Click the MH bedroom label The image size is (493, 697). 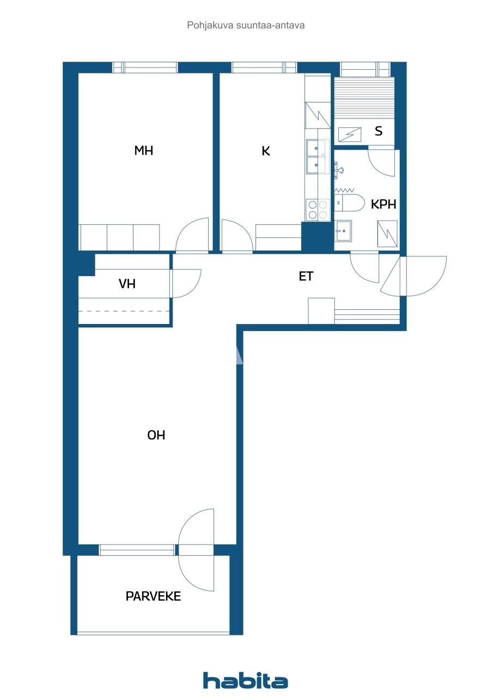point(143,151)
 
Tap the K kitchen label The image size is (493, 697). point(266,151)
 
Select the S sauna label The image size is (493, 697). point(379,131)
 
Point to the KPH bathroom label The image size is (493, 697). point(383,204)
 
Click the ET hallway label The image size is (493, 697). point(306,276)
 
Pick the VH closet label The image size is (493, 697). point(127,284)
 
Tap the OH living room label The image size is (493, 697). point(156,435)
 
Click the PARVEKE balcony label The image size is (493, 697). point(153,596)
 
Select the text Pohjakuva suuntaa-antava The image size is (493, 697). point(246,25)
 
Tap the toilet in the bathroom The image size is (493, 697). point(349,203)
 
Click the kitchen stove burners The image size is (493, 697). point(318,210)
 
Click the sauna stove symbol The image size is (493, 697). point(350,134)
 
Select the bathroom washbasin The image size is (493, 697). point(343,231)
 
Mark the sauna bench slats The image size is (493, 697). point(364,97)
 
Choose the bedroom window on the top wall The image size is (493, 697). point(145,67)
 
